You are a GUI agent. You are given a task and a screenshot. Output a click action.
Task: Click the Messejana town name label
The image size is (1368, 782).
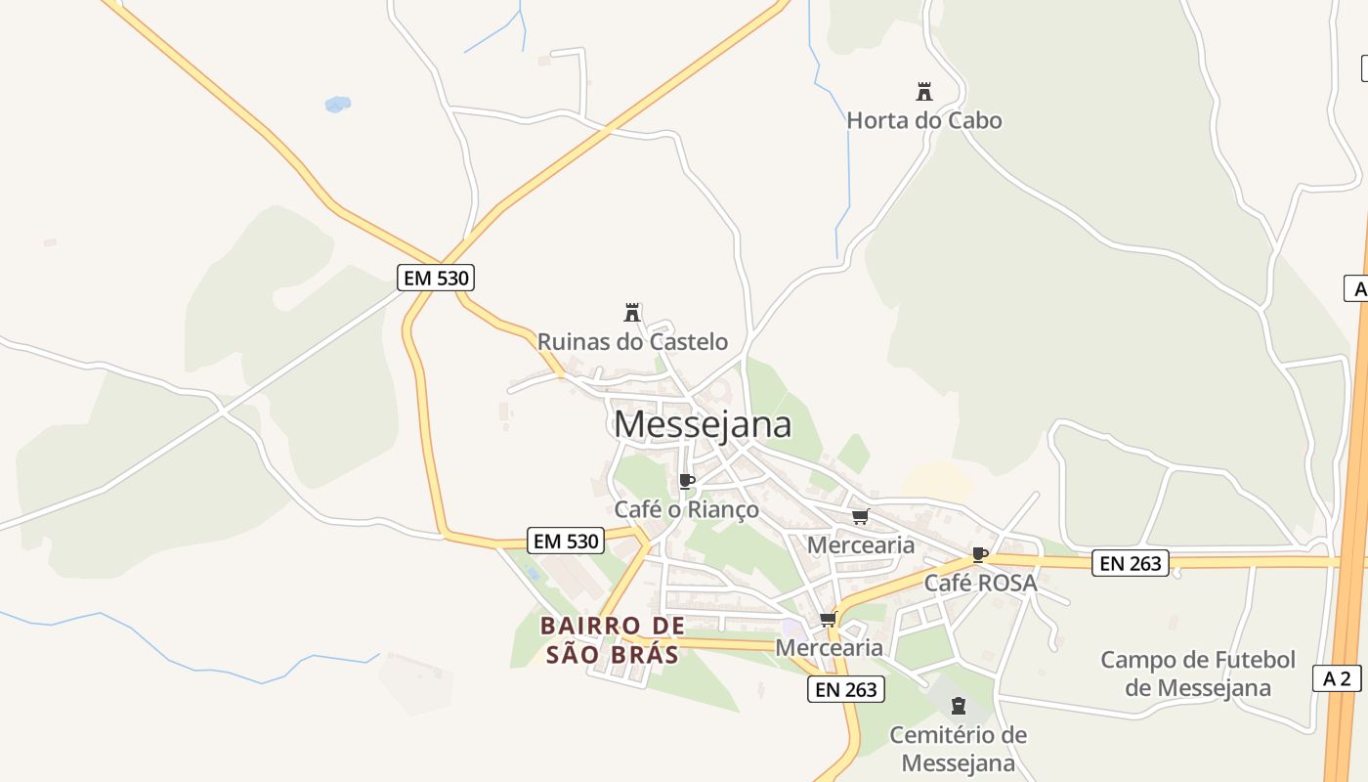click(x=703, y=424)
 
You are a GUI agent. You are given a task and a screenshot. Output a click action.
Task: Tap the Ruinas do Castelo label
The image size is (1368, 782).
click(x=632, y=341)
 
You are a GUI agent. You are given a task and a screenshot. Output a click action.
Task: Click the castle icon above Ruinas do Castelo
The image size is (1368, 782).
click(x=632, y=313)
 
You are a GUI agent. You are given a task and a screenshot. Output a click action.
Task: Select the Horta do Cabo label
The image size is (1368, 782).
click(x=923, y=120)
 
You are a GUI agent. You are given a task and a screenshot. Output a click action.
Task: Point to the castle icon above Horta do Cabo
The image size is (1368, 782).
click(x=923, y=92)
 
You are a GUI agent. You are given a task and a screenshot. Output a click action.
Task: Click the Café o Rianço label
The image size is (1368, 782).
click(x=686, y=509)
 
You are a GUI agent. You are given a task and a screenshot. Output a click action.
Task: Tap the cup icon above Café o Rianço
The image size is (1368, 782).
click(x=686, y=481)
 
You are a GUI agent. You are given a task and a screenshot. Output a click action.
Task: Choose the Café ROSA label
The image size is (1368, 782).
click(x=980, y=583)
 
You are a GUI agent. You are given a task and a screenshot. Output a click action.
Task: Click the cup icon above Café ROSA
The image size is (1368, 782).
click(x=980, y=555)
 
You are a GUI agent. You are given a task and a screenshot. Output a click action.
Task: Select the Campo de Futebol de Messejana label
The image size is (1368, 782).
click(x=1198, y=673)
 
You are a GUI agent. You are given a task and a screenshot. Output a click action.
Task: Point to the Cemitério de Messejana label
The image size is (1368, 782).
click(x=958, y=748)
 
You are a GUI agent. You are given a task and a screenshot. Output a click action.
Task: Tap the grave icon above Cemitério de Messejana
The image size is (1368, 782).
click(x=958, y=706)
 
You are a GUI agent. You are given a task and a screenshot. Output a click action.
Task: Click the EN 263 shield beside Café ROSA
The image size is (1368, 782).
click(x=1130, y=563)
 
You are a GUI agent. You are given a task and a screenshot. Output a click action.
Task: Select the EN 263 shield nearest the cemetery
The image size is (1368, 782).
click(x=846, y=689)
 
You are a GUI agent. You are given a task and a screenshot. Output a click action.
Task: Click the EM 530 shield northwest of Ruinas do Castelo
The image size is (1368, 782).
click(x=437, y=278)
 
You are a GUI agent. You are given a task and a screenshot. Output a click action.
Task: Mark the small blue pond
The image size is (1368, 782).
click(x=337, y=104)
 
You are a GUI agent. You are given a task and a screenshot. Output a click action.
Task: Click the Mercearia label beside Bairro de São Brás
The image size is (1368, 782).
click(x=829, y=647)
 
